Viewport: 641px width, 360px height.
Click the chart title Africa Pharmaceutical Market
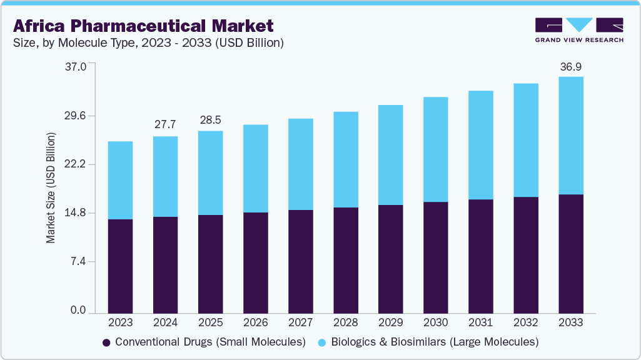(x=143, y=26)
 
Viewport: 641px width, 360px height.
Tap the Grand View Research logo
(x=579, y=30)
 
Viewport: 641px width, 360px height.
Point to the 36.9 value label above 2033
(x=570, y=66)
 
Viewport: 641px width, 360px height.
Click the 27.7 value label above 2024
(x=165, y=125)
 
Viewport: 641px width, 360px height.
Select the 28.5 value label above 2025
(x=210, y=120)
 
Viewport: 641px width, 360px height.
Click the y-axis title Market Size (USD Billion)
(x=51, y=187)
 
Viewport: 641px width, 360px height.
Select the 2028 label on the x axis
(x=345, y=322)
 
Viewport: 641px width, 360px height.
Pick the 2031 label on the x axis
(x=480, y=322)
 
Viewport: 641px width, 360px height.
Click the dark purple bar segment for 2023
(x=120, y=266)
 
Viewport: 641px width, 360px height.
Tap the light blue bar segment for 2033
(x=570, y=136)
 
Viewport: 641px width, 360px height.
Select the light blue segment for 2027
(x=300, y=164)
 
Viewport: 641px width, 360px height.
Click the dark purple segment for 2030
(x=435, y=257)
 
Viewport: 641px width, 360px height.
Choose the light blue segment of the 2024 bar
(x=165, y=176)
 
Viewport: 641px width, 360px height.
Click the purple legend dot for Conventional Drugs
(x=106, y=342)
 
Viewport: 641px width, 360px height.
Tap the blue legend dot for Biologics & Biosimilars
(x=322, y=342)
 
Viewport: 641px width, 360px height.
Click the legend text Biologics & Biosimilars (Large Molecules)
(x=435, y=342)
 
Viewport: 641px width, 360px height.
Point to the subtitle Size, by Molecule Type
(x=149, y=43)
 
